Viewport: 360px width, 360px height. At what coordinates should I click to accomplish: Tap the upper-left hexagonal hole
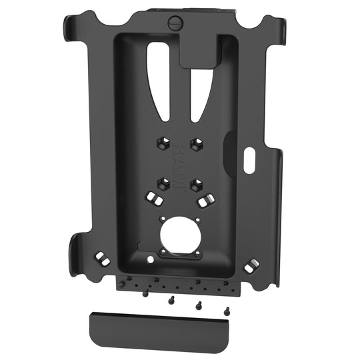[x=161, y=143]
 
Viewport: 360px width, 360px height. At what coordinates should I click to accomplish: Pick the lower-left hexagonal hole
[x=161, y=182]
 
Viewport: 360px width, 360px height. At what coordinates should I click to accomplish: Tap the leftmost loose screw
[x=145, y=293]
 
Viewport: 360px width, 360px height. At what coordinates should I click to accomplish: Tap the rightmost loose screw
[x=227, y=309]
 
